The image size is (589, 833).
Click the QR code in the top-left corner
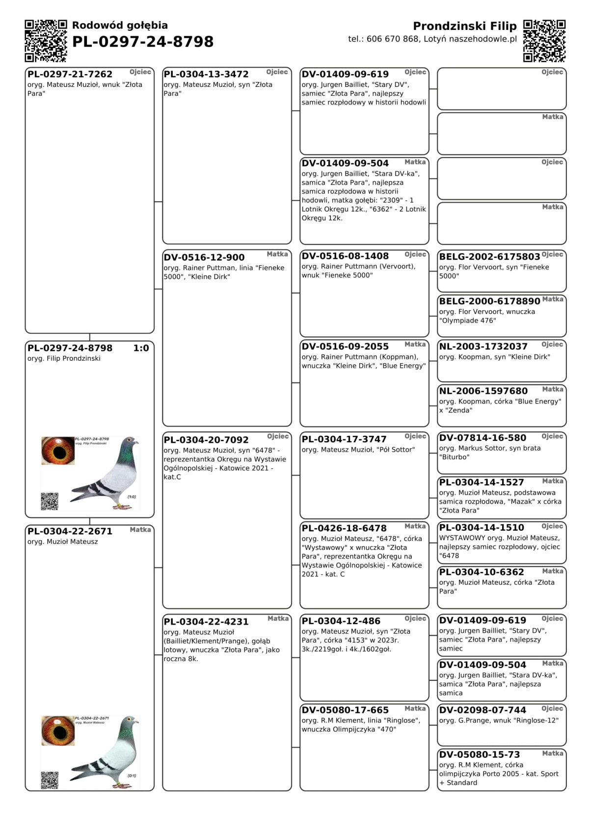(x=46, y=41)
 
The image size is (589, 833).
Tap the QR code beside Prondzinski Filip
(x=544, y=41)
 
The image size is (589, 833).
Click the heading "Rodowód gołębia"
(x=120, y=26)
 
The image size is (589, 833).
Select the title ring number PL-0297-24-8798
(x=143, y=42)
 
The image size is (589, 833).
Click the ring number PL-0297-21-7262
(x=70, y=74)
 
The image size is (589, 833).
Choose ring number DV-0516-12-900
(x=204, y=257)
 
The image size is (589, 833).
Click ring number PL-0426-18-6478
(x=344, y=528)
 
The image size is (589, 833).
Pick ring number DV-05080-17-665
(x=345, y=710)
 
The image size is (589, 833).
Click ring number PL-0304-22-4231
(x=206, y=621)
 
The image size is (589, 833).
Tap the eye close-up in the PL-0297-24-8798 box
(x=58, y=451)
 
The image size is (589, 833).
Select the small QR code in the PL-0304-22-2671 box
(x=50, y=780)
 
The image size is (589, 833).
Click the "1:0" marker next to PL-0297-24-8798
(x=141, y=348)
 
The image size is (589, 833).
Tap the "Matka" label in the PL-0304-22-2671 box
(x=140, y=530)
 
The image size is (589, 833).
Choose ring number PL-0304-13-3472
(x=206, y=74)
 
